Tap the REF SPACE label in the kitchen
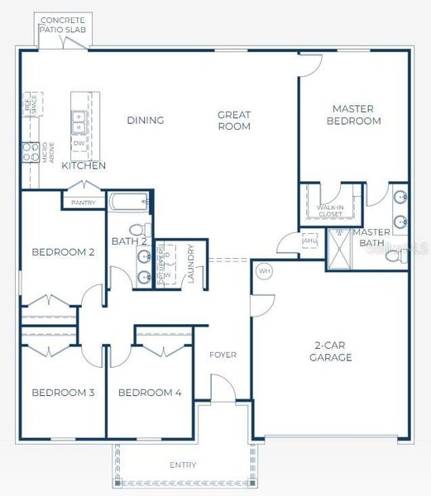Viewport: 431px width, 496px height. click(31, 104)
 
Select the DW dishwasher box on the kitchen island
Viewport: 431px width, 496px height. click(79, 143)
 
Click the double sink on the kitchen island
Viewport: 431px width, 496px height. click(79, 122)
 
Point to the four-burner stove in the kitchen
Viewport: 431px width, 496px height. click(31, 152)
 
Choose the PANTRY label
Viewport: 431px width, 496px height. click(84, 203)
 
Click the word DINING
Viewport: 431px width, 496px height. click(146, 121)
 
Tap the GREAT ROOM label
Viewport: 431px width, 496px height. click(234, 121)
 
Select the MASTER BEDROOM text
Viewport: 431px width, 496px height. click(353, 115)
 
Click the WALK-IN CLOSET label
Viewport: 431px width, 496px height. click(331, 211)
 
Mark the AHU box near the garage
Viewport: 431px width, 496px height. click(309, 241)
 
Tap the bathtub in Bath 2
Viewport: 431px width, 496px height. click(128, 201)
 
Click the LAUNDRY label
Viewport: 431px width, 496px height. click(190, 264)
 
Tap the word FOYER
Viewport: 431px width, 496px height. click(223, 355)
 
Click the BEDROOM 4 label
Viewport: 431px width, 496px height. click(150, 393)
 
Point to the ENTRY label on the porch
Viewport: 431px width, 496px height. click(183, 465)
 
